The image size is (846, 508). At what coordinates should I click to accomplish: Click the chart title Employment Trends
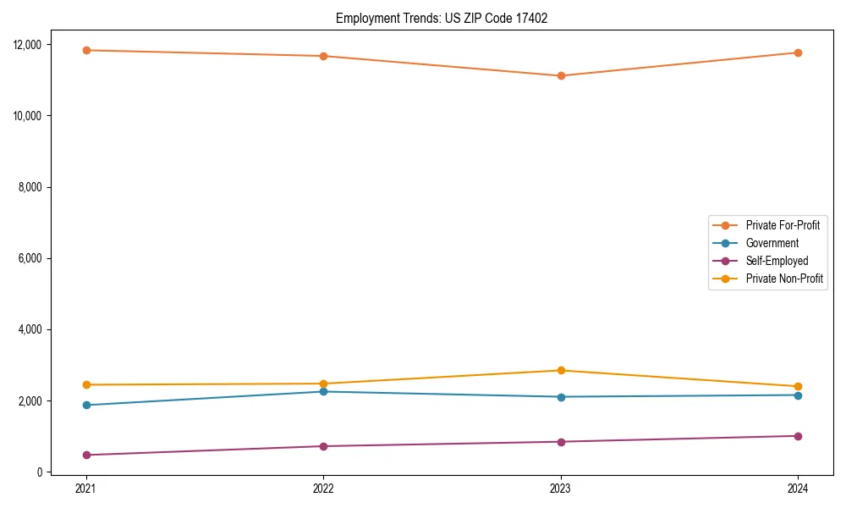tap(442, 18)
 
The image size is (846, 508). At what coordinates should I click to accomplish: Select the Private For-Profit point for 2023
tap(560, 75)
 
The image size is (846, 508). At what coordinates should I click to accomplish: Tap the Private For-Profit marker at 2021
tap(85, 50)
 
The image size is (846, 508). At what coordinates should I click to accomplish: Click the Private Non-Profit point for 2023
tap(560, 370)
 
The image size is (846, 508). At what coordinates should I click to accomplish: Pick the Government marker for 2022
tap(323, 391)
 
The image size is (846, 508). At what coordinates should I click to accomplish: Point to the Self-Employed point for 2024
tap(798, 436)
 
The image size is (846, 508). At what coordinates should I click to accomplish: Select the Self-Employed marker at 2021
tap(85, 455)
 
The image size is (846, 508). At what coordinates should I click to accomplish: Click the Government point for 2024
tap(798, 395)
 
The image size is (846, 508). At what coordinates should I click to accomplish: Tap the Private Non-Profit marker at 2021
tap(85, 384)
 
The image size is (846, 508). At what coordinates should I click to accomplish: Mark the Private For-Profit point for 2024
tap(798, 52)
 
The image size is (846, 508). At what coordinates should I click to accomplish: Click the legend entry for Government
tap(772, 243)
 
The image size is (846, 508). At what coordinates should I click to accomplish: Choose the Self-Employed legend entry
tap(777, 261)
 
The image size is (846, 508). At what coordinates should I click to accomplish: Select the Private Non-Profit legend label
tap(784, 279)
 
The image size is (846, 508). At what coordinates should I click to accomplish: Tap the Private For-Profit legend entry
tap(783, 225)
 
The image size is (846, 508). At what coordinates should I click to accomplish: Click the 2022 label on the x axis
tap(323, 489)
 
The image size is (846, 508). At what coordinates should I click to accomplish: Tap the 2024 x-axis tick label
tap(798, 489)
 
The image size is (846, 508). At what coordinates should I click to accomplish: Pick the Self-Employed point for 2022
tap(323, 446)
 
